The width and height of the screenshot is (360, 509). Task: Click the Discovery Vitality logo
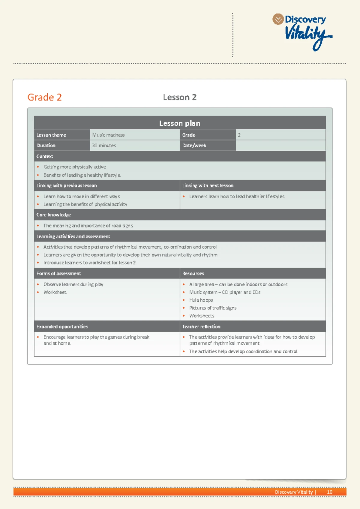(303, 31)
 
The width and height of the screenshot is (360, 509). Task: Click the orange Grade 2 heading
(44, 97)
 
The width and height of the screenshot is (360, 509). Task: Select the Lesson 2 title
(180, 97)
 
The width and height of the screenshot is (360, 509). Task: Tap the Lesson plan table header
(180, 123)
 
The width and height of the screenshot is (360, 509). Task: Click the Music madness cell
(109, 135)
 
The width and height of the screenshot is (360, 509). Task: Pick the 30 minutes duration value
(104, 146)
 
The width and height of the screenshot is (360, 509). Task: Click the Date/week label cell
(194, 146)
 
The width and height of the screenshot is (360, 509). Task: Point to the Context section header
(45, 156)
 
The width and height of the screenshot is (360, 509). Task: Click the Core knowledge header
(54, 215)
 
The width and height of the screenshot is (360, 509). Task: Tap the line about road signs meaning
(88, 226)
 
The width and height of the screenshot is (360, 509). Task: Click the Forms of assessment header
(59, 273)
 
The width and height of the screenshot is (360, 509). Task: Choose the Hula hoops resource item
(201, 300)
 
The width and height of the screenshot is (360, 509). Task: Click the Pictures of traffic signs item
(213, 308)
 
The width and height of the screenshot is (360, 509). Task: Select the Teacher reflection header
(201, 327)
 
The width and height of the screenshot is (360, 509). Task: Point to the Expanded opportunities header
(62, 327)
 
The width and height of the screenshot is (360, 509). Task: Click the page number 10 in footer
(329, 492)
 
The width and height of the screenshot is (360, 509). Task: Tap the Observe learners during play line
(73, 285)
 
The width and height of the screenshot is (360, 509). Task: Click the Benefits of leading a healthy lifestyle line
(82, 175)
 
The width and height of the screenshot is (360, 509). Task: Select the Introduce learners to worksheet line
(90, 263)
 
